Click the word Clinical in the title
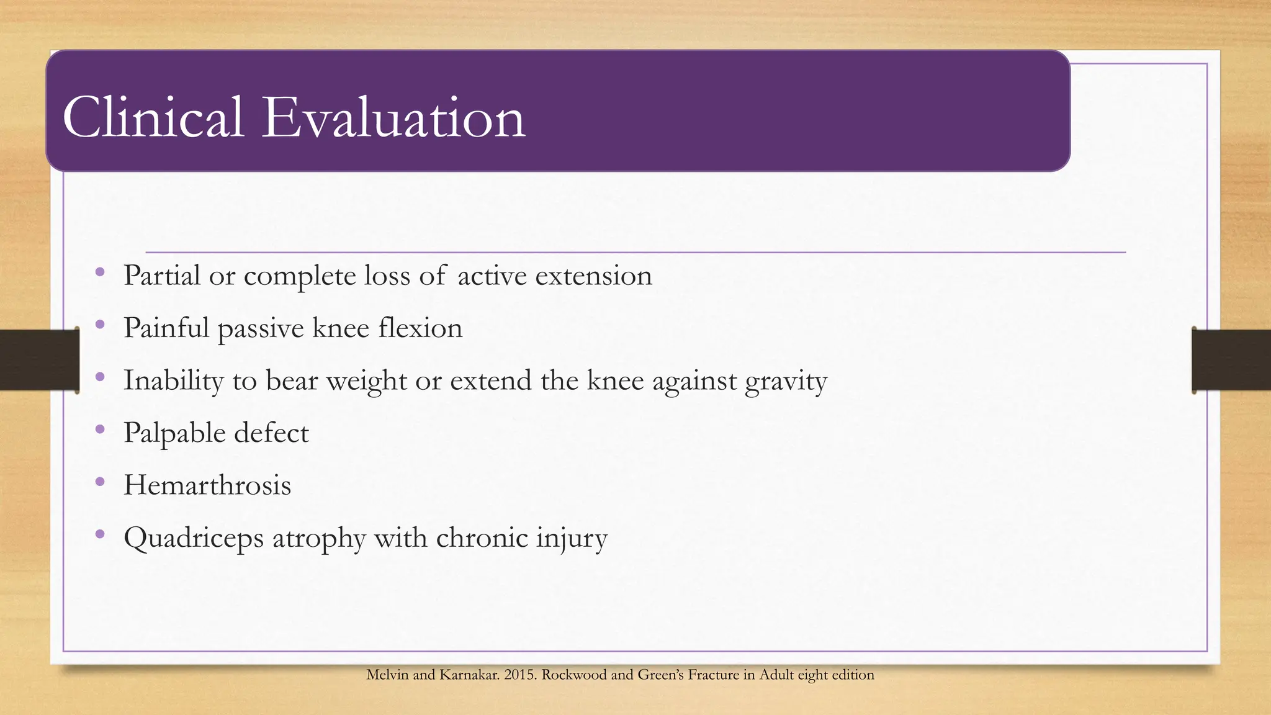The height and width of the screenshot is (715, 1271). pyautogui.click(x=153, y=118)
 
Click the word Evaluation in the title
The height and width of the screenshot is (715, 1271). pyautogui.click(x=393, y=118)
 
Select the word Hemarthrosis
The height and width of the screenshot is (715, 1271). pyautogui.click(x=207, y=485)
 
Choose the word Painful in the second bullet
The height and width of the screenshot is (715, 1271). pyautogui.click(x=166, y=328)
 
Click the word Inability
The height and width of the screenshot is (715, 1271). pyautogui.click(x=173, y=381)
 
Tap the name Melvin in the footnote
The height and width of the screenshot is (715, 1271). pyautogui.click(x=387, y=675)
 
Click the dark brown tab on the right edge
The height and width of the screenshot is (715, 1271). pyautogui.click(x=1231, y=360)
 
